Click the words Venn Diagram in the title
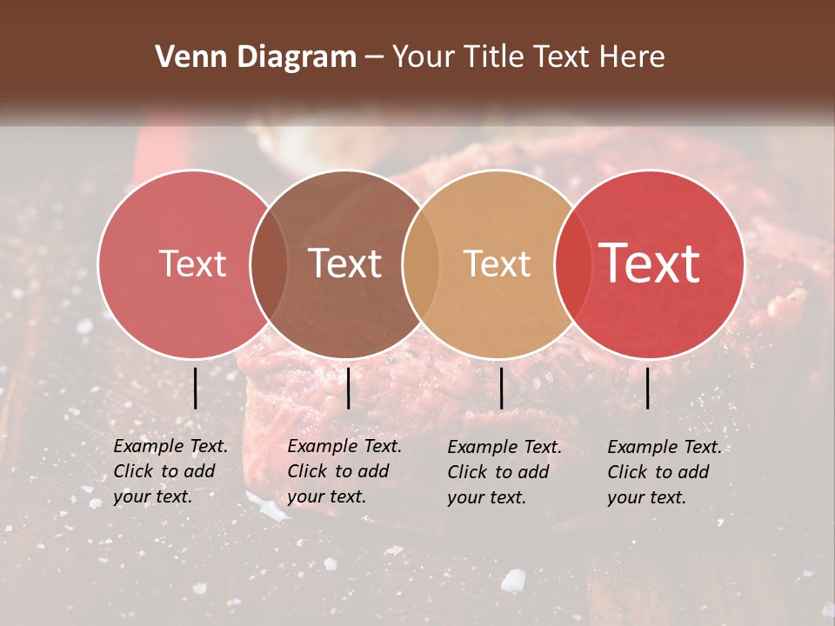pyautogui.click(x=256, y=57)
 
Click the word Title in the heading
pyautogui.click(x=498, y=57)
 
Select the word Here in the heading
pyautogui.click(x=632, y=57)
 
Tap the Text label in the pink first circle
pyautogui.click(x=192, y=263)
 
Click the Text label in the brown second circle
pyautogui.click(x=345, y=263)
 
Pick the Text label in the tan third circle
pyautogui.click(x=497, y=263)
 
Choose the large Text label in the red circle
pyautogui.click(x=650, y=263)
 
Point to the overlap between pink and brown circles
pyautogui.click(x=269, y=263)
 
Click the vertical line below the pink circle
pyautogui.click(x=195, y=388)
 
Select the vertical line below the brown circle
pyautogui.click(x=348, y=388)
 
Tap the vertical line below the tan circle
pyautogui.click(x=501, y=388)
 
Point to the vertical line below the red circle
pyautogui.click(x=647, y=388)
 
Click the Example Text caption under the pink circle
pyautogui.click(x=170, y=471)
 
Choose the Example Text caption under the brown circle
pyautogui.click(x=344, y=471)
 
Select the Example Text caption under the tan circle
pyautogui.click(x=504, y=472)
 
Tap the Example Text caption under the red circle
pyautogui.click(x=665, y=472)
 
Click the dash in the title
pyautogui.click(x=374, y=57)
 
